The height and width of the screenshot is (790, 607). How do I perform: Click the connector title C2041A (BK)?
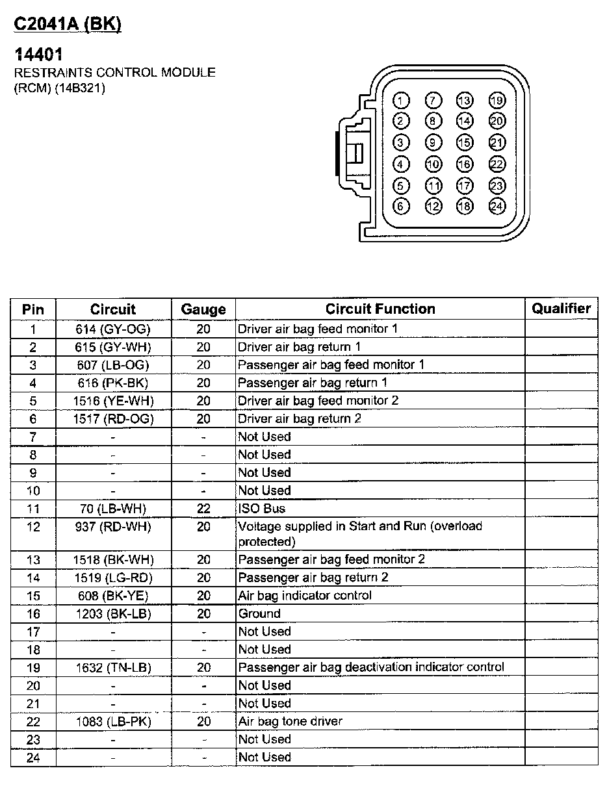(x=68, y=24)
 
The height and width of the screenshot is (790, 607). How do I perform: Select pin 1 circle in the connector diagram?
(x=402, y=100)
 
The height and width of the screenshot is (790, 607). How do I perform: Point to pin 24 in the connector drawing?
(x=497, y=207)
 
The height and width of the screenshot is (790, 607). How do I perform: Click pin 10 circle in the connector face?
(x=433, y=164)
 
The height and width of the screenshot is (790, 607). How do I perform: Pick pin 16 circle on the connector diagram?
(x=464, y=164)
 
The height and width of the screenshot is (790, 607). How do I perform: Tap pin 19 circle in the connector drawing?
(x=497, y=100)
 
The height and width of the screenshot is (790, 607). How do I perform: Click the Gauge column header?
(x=203, y=309)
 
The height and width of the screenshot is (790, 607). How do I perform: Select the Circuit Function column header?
(x=380, y=309)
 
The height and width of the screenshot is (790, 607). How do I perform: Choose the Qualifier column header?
(x=561, y=309)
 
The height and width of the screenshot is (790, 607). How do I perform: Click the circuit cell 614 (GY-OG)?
(x=113, y=329)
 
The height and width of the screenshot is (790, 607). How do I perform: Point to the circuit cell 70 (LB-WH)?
(x=113, y=509)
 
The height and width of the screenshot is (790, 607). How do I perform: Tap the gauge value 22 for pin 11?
(x=203, y=509)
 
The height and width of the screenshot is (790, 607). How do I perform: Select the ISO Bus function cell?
(x=262, y=509)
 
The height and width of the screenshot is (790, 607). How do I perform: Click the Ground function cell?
(x=259, y=613)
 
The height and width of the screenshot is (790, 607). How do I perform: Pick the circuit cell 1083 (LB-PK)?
(x=113, y=721)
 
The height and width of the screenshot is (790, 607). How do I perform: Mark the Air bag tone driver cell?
(x=290, y=721)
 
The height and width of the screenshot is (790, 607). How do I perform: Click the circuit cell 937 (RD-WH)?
(x=113, y=527)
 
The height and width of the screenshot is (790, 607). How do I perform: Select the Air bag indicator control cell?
(x=305, y=596)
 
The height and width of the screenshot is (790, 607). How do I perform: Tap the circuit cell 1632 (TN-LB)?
(x=113, y=667)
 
